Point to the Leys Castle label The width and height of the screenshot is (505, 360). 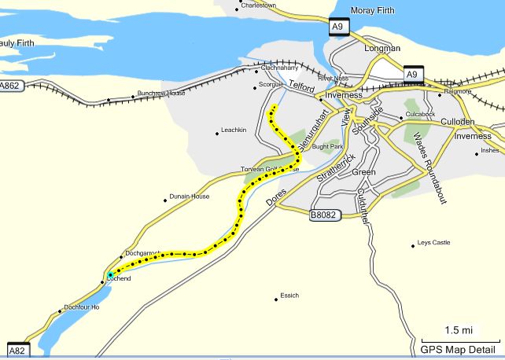(434, 243)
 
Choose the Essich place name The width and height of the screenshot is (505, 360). (289, 296)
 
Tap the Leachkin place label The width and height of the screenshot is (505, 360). (234, 130)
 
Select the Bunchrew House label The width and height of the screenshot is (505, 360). (160, 94)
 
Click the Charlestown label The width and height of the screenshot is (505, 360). (260, 5)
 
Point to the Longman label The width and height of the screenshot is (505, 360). (382, 48)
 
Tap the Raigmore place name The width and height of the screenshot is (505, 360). (457, 91)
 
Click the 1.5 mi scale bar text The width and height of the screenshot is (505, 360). (459, 329)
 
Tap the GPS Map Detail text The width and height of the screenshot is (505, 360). (458, 350)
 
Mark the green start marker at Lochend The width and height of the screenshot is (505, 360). (110, 274)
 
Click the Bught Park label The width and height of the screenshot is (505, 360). (327, 146)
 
